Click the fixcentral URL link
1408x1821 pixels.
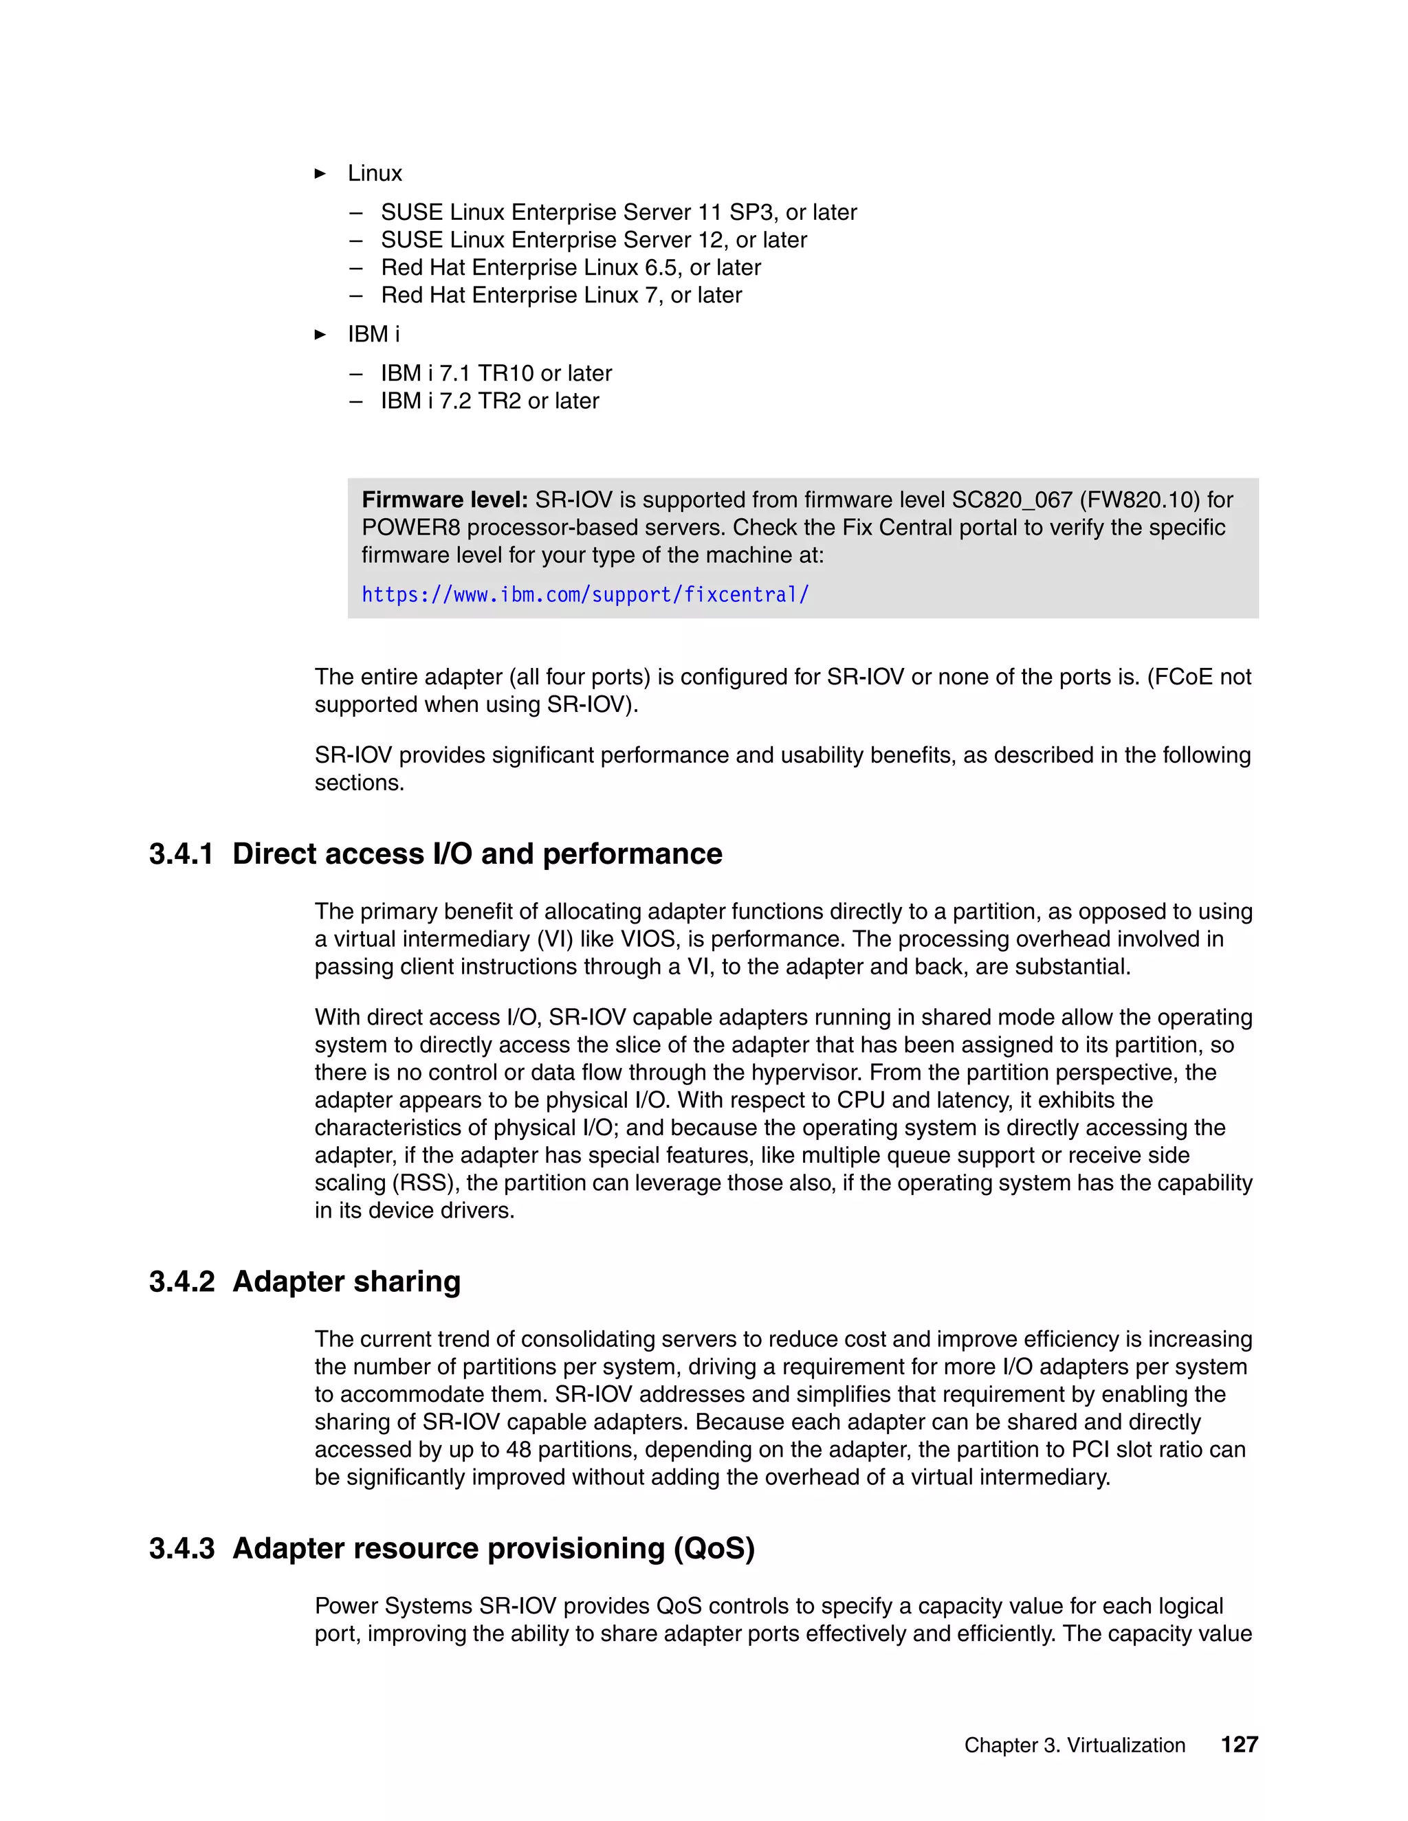(585, 595)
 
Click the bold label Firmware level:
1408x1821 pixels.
(445, 500)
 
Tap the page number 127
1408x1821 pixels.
(1239, 1744)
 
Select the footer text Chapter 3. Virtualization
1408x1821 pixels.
(1075, 1745)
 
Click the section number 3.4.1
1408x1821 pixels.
(181, 855)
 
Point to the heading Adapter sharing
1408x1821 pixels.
(346, 1282)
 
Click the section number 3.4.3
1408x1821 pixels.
(181, 1548)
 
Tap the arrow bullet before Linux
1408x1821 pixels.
(320, 173)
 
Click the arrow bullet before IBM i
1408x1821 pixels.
(320, 335)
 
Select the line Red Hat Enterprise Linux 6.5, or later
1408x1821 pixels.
(571, 267)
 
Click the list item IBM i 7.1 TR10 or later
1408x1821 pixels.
(496, 374)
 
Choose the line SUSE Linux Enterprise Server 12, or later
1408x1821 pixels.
(593, 240)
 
